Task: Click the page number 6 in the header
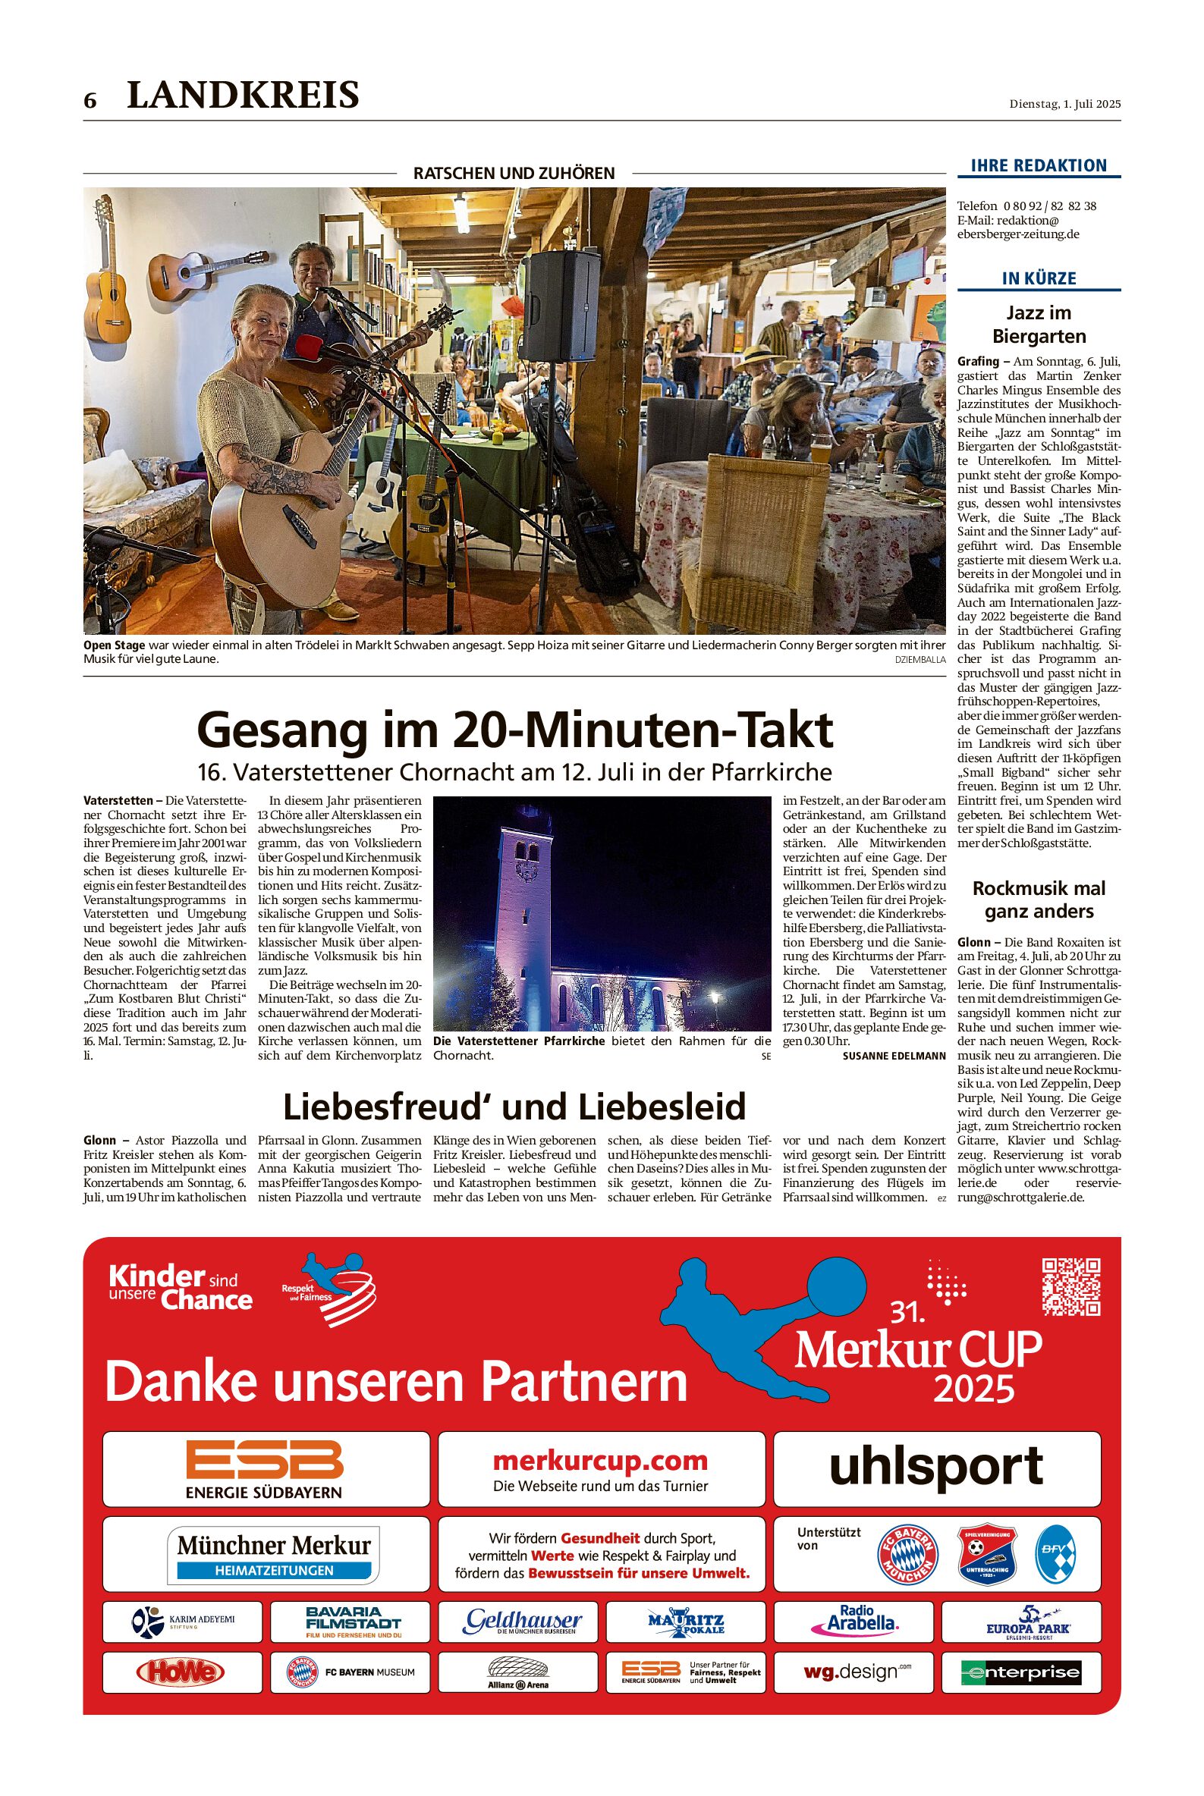90,101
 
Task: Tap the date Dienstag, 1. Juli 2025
1064,104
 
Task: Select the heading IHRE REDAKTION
1038,165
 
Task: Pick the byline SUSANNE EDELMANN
894,1056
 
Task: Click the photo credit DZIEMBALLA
920,659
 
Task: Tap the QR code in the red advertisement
1071,1286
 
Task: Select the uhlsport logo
936,1466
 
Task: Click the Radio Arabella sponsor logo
853,1619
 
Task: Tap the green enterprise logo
1021,1672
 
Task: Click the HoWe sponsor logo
180,1672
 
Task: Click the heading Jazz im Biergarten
1038,324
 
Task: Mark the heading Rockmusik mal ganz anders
1038,900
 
